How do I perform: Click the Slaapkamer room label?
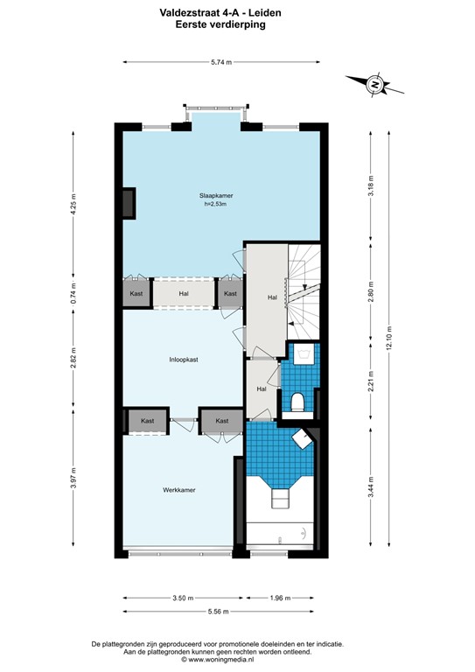[x=215, y=196]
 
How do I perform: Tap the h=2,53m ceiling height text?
[x=215, y=205]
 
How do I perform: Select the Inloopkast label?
[x=184, y=359]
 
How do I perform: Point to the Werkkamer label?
[x=178, y=490]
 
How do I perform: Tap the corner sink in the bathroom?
[x=302, y=439]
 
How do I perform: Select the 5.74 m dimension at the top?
[x=221, y=61]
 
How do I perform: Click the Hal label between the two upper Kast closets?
[x=184, y=294]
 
